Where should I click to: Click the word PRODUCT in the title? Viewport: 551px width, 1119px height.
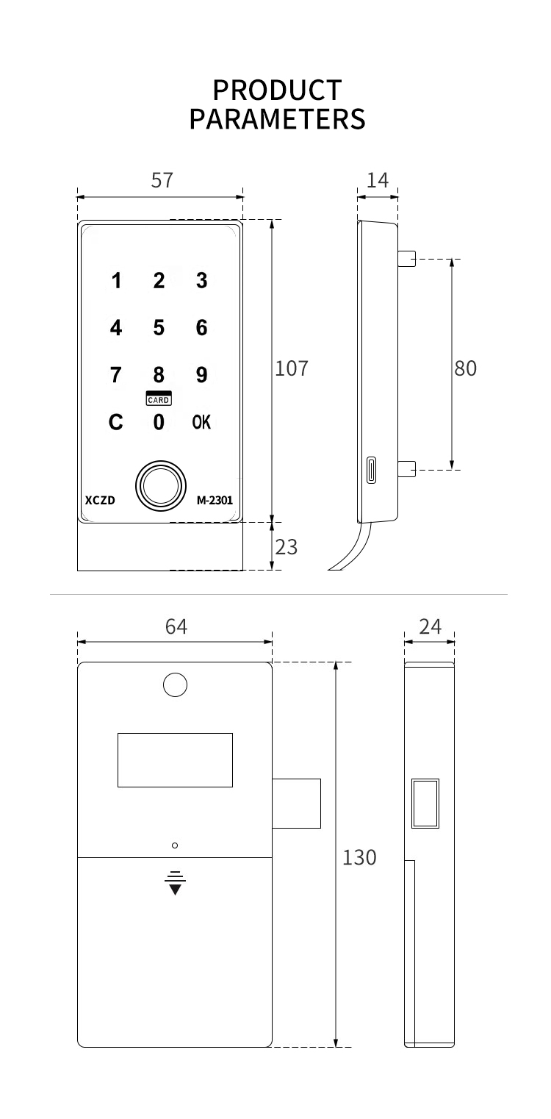277,90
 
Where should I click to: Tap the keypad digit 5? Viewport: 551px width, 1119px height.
159,328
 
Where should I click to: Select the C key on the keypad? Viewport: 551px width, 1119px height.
116,422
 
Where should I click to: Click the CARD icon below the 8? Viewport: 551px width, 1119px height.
159,398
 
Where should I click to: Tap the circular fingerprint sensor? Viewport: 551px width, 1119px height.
161,485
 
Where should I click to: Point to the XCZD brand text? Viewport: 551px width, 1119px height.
100,500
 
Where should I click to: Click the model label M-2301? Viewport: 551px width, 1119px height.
215,500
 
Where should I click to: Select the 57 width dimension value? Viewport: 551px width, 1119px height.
162,180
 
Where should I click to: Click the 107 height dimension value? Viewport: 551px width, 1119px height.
292,368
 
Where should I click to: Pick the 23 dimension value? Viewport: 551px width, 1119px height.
287,548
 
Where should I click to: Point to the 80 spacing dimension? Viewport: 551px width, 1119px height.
465,368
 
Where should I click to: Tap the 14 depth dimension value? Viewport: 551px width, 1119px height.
378,180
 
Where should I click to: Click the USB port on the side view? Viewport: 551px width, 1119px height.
372,470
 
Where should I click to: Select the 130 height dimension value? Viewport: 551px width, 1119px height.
359,858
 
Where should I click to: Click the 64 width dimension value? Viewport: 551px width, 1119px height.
176,626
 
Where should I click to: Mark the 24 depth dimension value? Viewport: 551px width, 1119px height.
431,626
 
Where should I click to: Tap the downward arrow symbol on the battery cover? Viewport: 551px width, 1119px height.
175,883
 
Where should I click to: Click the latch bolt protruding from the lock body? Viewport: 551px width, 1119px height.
297,804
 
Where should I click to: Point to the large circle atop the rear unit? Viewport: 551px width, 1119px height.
175,685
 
